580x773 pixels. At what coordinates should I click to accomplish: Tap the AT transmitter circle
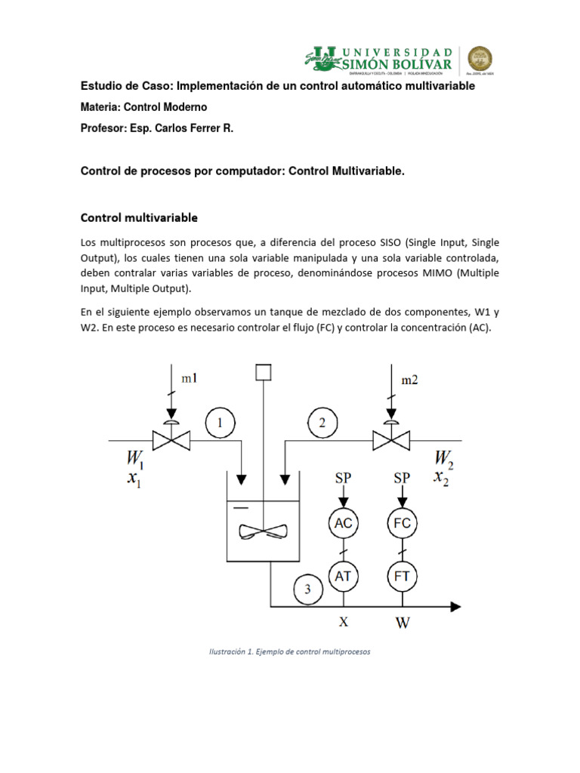344,577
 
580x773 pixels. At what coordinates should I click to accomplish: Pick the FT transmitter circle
402,577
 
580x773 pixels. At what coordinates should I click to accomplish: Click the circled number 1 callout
220,423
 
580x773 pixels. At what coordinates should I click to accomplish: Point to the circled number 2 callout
322,423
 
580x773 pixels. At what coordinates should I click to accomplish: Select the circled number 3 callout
307,590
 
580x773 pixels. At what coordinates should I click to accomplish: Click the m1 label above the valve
190,379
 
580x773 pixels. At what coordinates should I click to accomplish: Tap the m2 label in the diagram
409,380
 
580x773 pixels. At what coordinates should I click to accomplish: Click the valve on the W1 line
171,439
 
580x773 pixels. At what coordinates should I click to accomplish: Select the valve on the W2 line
390,439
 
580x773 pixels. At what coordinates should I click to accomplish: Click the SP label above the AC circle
344,478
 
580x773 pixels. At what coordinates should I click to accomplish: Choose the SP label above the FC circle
402,478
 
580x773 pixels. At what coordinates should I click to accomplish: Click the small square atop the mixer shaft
263,371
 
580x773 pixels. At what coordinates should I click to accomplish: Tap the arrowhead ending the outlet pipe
455,605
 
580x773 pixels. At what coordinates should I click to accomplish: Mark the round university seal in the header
480,58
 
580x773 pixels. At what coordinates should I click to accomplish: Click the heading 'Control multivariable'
139,218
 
